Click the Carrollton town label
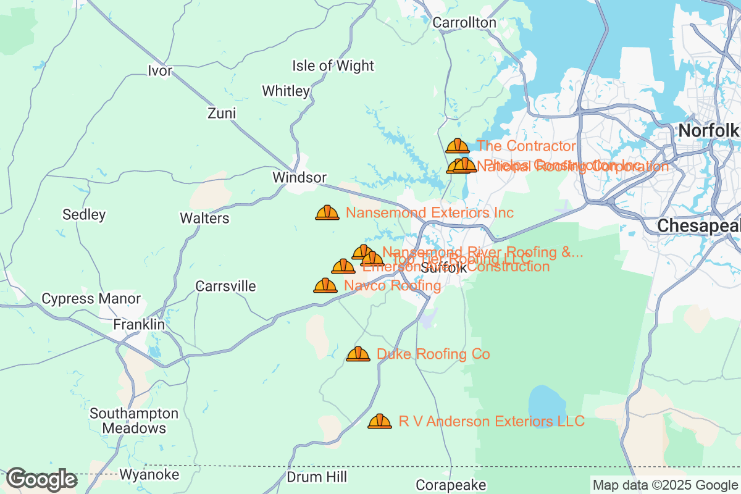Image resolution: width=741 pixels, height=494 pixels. click(x=464, y=23)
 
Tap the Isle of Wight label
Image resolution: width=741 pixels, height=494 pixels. click(x=333, y=66)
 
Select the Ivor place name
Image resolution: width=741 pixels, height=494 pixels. click(x=159, y=71)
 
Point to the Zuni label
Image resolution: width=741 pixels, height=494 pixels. click(x=222, y=114)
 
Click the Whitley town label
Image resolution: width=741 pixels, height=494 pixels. click(x=286, y=91)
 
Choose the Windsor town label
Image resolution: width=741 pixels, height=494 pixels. click(x=299, y=178)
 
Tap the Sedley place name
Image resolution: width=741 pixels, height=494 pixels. click(x=84, y=215)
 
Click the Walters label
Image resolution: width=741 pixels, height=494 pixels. click(x=204, y=219)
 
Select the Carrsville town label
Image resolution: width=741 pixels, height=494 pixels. click(x=225, y=287)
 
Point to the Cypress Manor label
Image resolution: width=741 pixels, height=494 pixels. click(x=91, y=299)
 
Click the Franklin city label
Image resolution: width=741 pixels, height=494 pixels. click(x=139, y=325)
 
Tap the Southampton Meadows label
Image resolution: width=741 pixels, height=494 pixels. click(x=134, y=421)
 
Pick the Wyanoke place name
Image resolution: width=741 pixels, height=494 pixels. click(x=149, y=475)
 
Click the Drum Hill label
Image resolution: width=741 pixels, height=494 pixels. click(x=317, y=477)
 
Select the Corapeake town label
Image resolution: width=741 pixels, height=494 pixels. click(x=451, y=485)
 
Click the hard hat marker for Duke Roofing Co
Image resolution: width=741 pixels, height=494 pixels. click(x=358, y=354)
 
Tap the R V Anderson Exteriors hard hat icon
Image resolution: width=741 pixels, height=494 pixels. click(x=380, y=421)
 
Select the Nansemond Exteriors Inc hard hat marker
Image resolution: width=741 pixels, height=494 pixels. click(x=327, y=212)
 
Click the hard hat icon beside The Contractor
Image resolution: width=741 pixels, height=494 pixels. click(x=458, y=146)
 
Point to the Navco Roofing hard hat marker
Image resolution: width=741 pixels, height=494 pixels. click(x=325, y=285)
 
